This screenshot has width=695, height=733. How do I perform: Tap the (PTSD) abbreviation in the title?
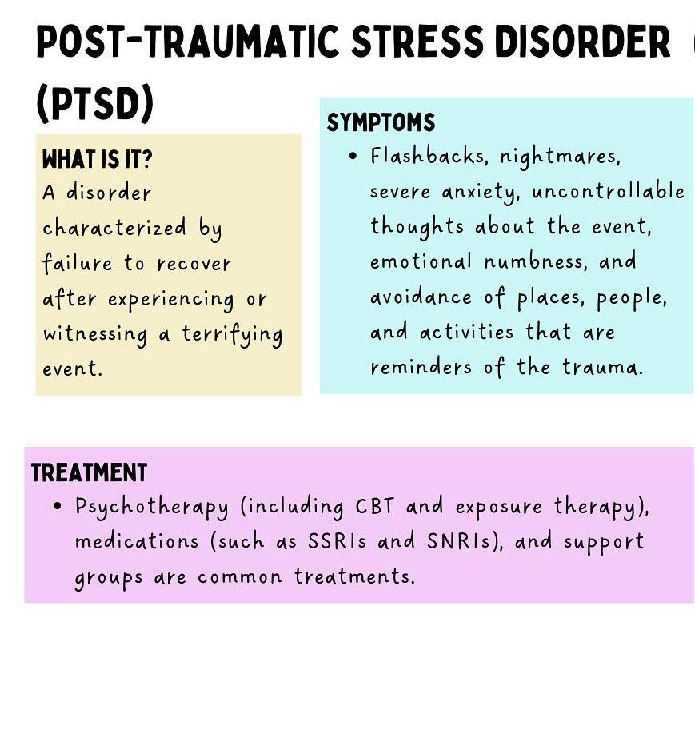point(94,104)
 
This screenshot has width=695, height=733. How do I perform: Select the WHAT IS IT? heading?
point(96,159)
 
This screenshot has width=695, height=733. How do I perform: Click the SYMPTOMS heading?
point(381,123)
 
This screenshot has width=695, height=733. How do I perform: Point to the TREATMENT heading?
point(89,472)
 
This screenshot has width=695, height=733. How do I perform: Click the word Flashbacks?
point(428,156)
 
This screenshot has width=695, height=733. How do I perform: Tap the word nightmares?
point(560,157)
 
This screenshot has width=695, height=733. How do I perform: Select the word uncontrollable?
point(608,192)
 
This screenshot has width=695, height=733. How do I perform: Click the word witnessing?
point(94,334)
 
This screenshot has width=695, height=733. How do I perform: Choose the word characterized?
point(114,229)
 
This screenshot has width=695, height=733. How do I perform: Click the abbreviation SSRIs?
point(338,541)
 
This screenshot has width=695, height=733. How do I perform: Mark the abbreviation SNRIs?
point(462,541)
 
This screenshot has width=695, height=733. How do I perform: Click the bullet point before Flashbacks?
point(353,156)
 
